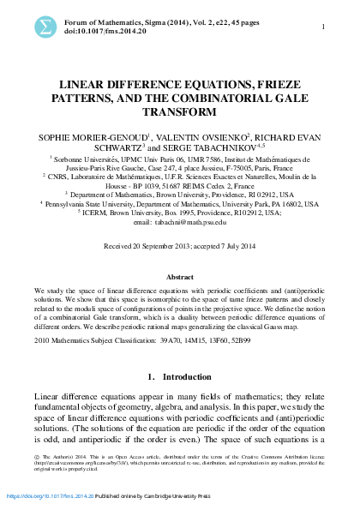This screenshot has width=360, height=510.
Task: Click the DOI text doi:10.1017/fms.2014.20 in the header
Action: [108, 32]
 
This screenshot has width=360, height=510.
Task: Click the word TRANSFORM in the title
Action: [179, 111]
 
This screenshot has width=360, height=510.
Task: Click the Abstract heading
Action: [179, 278]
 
